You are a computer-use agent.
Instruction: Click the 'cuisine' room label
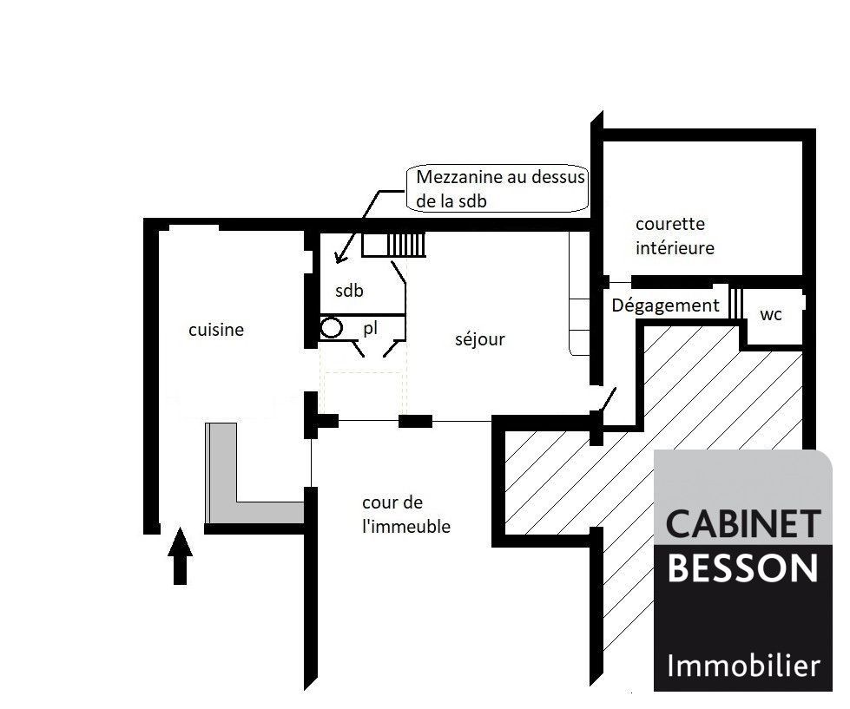pyautogui.click(x=215, y=329)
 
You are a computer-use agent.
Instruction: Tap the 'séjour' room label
pyautogui.click(x=480, y=339)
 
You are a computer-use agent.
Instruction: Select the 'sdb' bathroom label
pyautogui.click(x=349, y=291)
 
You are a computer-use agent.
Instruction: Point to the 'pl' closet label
pyautogui.click(x=370, y=328)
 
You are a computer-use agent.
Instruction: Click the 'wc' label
pyautogui.click(x=771, y=315)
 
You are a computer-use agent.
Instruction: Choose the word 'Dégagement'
pyautogui.click(x=665, y=305)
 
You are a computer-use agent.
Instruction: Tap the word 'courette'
pyautogui.click(x=670, y=224)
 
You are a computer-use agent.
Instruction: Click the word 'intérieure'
pyautogui.click(x=675, y=247)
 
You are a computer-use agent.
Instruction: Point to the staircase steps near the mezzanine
pyautogui.click(x=406, y=245)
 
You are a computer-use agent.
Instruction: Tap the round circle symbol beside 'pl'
pyautogui.click(x=331, y=328)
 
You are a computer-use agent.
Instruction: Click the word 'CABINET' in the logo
pyautogui.click(x=742, y=524)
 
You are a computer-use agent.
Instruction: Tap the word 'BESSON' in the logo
pyautogui.click(x=742, y=567)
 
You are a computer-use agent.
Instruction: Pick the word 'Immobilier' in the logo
pyautogui.click(x=743, y=665)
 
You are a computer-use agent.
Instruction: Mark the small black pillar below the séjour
pyautogui.click(x=415, y=421)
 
